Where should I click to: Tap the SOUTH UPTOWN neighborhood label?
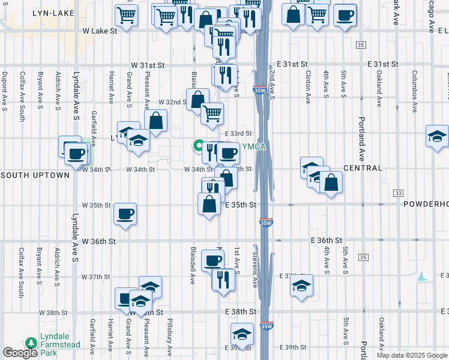tap(35, 175)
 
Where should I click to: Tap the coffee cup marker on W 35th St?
tap(125, 214)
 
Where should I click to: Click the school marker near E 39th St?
tap(242, 334)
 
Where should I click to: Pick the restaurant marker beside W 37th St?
tap(222, 280)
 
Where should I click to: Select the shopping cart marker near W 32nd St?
tap(211, 113)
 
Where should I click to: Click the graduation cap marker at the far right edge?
tap(436, 136)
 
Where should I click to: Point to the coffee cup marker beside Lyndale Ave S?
tap(77, 154)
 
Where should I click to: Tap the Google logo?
tap(20, 353)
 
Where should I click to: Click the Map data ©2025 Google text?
tap(412, 355)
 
